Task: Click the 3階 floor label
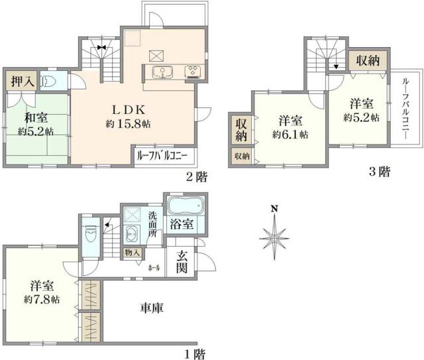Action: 379,172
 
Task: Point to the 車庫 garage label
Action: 152,307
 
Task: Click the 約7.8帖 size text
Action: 42,299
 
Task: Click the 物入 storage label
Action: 131,252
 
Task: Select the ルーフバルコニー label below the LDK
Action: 163,157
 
